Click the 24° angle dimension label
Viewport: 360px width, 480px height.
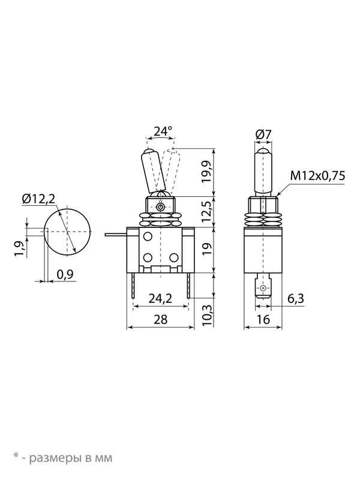coord(163,131)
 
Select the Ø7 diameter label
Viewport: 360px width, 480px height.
coord(263,134)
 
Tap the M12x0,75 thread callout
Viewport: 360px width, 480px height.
coord(317,176)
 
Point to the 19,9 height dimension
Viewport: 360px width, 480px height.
coord(207,172)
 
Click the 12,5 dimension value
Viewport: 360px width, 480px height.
coord(207,212)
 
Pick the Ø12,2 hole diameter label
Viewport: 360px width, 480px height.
coord(39,199)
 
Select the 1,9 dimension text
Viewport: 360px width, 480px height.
coord(20,248)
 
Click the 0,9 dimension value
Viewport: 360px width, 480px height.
coord(65,274)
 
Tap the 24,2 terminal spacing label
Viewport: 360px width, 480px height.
coord(160,298)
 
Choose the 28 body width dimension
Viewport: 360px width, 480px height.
coord(160,319)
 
